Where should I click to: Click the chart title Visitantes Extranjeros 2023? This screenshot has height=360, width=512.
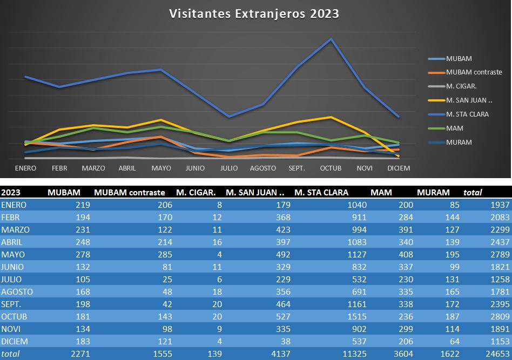pyautogui.click(x=254, y=13)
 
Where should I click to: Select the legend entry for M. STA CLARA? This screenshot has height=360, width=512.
pyautogui.click(x=467, y=114)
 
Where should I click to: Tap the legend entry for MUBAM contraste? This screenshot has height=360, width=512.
pyautogui.click(x=474, y=72)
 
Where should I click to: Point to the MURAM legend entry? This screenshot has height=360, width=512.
pyautogui.click(x=459, y=142)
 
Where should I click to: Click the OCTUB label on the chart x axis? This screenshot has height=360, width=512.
pyautogui.click(x=331, y=168)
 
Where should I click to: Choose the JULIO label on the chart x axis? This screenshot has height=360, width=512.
pyautogui.click(x=229, y=168)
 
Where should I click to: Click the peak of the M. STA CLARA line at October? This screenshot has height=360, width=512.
pyautogui.click(x=331, y=39)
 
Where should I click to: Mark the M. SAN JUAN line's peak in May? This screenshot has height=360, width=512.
pyautogui.click(x=161, y=120)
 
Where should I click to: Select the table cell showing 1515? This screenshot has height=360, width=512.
pyautogui.click(x=356, y=316)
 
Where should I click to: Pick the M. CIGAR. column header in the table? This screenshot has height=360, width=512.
pyautogui.click(x=196, y=192)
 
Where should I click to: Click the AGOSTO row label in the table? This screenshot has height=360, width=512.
pyautogui.click(x=17, y=291)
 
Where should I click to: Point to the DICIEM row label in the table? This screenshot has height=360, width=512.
pyautogui.click(x=15, y=341)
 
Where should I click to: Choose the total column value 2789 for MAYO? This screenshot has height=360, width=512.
pyautogui.click(x=497, y=254)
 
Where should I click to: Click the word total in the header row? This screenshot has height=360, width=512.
pyautogui.click(x=473, y=192)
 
